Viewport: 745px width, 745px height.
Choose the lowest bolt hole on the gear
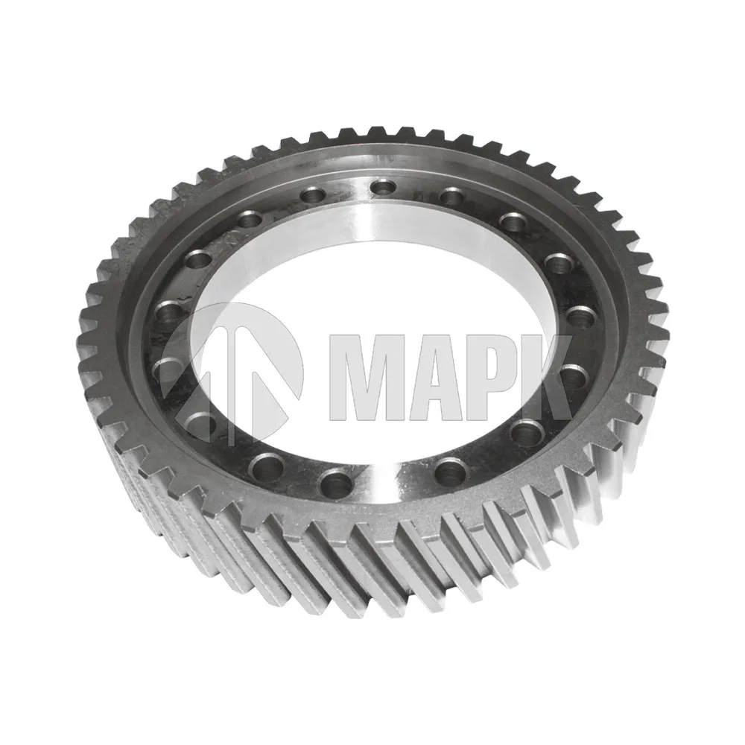pos(337,482)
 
